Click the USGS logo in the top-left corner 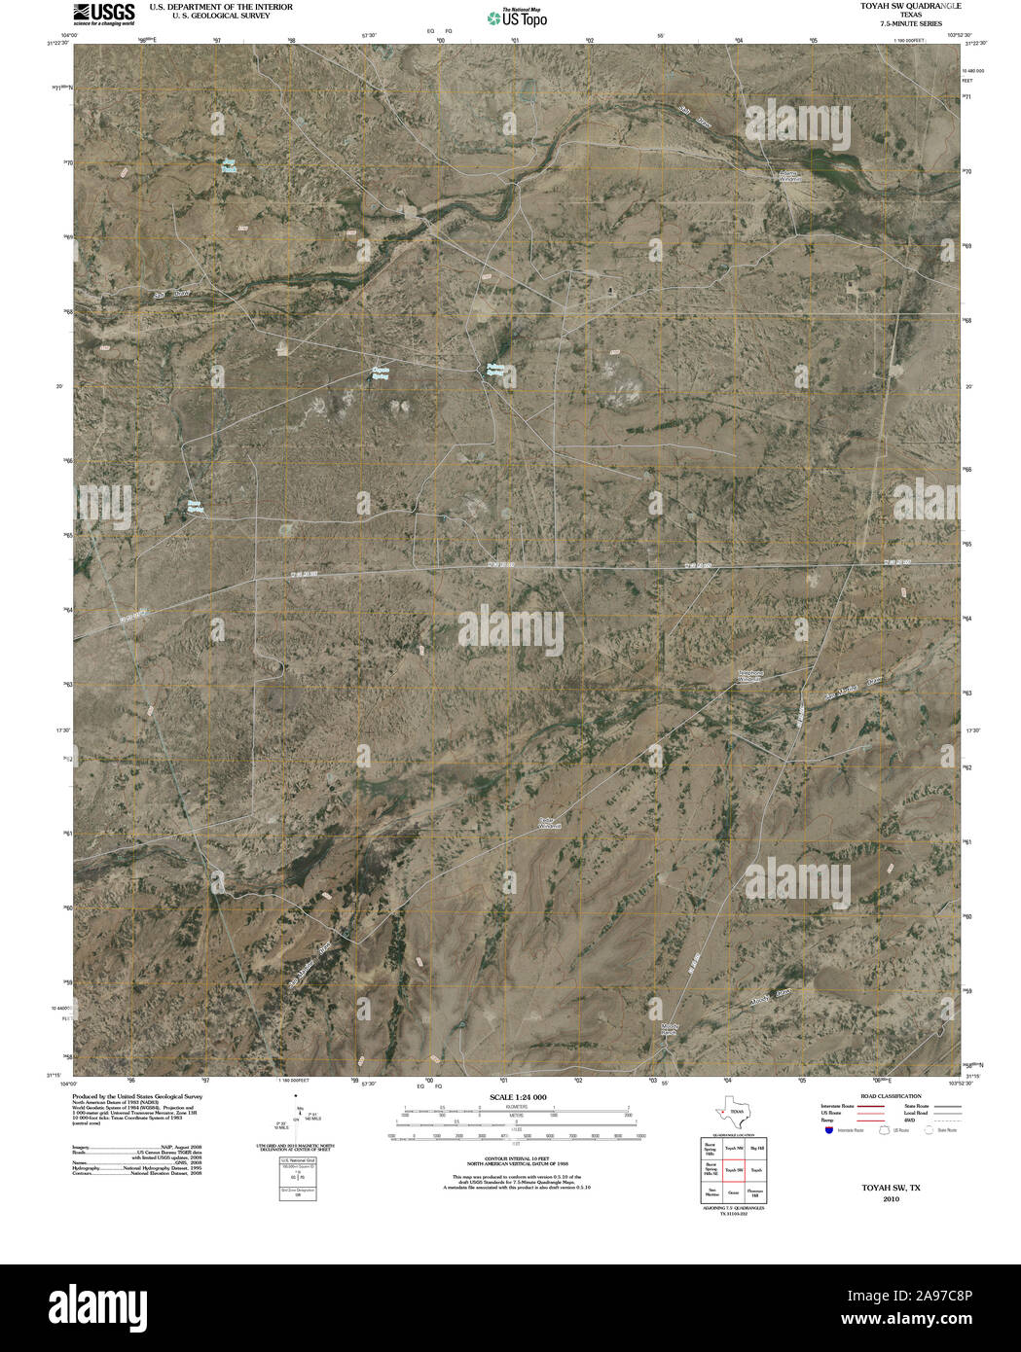tap(103, 13)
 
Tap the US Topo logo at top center tap(517, 18)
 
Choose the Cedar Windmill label tap(551, 823)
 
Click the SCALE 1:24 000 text tap(518, 1097)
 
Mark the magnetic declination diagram tap(297, 1119)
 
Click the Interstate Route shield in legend tap(827, 1131)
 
